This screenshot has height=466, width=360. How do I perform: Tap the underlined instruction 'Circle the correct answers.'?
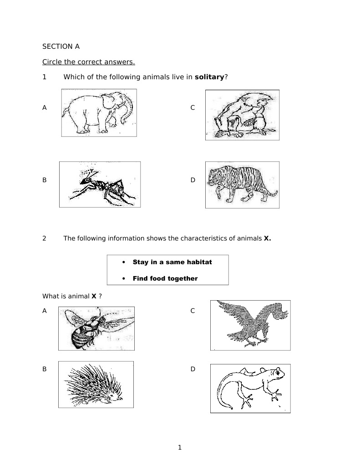(88, 62)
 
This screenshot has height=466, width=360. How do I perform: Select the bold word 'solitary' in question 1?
(209, 77)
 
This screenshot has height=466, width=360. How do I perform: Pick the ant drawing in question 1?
(100, 184)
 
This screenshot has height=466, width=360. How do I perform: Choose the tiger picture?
(242, 184)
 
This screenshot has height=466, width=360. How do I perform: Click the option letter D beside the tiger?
(193, 180)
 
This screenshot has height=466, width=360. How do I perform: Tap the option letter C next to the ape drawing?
(193, 108)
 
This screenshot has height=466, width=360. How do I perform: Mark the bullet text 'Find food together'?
(165, 278)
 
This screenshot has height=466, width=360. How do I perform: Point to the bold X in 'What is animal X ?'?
(94, 296)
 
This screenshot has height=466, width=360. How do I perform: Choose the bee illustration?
(96, 328)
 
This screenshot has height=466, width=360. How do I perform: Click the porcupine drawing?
(96, 384)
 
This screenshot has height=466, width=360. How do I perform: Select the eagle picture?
(250, 325)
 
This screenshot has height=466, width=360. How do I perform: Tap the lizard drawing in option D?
(250, 388)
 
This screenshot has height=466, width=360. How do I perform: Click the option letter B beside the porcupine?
(45, 369)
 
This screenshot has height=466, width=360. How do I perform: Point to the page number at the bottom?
(180, 447)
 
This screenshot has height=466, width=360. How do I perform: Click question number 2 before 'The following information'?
(44, 238)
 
